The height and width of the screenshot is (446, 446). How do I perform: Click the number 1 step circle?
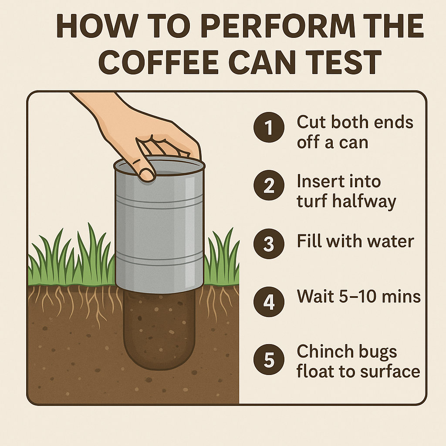269,127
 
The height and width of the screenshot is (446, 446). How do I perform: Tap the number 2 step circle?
269,185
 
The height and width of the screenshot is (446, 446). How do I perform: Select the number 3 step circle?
269,243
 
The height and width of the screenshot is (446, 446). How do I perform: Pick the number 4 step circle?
269,301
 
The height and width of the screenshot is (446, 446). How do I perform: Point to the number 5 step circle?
269,359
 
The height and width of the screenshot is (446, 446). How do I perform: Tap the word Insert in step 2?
316,181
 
